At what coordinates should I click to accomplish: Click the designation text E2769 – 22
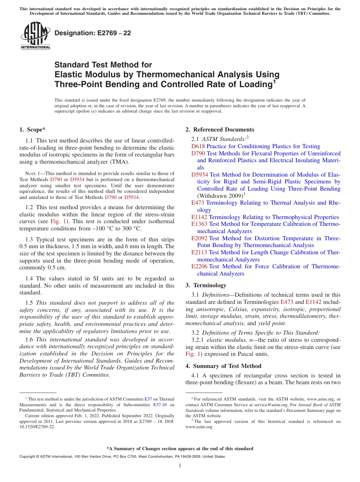[93, 33]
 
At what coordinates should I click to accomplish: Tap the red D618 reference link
[198, 146]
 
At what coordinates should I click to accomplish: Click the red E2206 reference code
[199, 266]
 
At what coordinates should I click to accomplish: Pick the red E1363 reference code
[199, 224]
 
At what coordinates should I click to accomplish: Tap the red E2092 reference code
[199, 238]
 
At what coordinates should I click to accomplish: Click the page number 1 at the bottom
[180, 466]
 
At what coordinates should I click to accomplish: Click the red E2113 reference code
[199, 252]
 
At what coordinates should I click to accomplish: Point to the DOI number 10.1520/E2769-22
[37, 426]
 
